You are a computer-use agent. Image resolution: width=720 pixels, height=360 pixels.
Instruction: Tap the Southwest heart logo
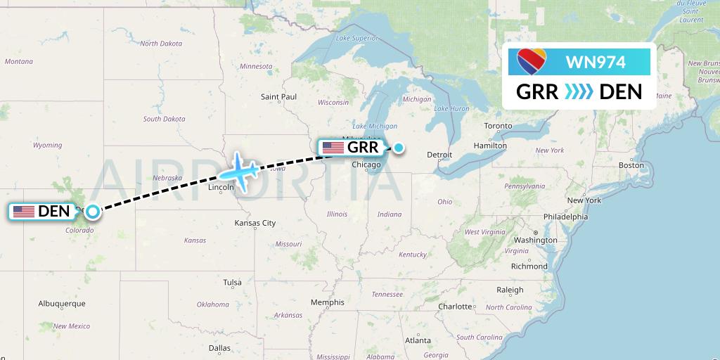pos(534,62)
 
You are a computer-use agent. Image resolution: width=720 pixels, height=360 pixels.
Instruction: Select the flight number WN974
pos(595,62)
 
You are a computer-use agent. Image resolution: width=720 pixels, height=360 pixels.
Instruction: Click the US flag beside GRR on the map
pos(333,148)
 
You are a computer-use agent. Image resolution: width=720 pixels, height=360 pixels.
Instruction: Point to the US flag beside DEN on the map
pos(24,211)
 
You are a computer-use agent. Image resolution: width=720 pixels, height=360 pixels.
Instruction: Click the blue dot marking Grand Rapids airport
pos(399,148)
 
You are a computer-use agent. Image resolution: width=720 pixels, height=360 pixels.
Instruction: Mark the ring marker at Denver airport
pos(92,210)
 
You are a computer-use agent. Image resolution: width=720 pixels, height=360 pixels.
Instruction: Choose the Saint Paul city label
pos(278,96)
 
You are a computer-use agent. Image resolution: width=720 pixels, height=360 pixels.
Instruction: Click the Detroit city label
pos(439,154)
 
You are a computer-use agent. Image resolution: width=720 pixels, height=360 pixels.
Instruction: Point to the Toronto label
pos(499,126)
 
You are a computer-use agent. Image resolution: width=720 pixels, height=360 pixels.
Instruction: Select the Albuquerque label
pos(62,304)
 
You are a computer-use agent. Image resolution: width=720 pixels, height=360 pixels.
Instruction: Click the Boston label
pos(631,165)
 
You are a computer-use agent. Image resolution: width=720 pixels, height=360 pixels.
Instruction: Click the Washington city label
pos(535,240)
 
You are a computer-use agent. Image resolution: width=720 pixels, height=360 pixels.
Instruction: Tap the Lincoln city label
pos(221,188)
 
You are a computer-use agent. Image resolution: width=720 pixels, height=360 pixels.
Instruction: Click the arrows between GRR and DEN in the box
pos(579,91)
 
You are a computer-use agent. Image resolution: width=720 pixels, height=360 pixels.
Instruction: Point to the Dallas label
pos(219,348)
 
